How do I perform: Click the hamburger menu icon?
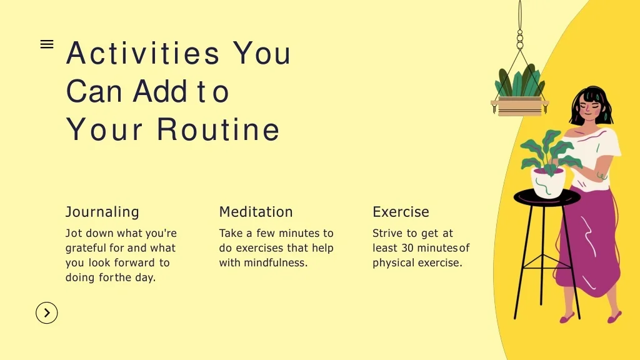point(47,44)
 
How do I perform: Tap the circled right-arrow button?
point(46,313)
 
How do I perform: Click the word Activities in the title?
point(143,53)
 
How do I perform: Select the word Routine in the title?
point(218,129)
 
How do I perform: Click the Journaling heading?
point(102,212)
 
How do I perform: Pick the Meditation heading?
point(256,212)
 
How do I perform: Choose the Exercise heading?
point(401,212)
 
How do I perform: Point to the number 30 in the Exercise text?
point(407,248)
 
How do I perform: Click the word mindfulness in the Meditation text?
point(276,263)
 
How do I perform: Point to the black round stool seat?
point(547,198)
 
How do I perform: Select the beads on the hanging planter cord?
point(520,39)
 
